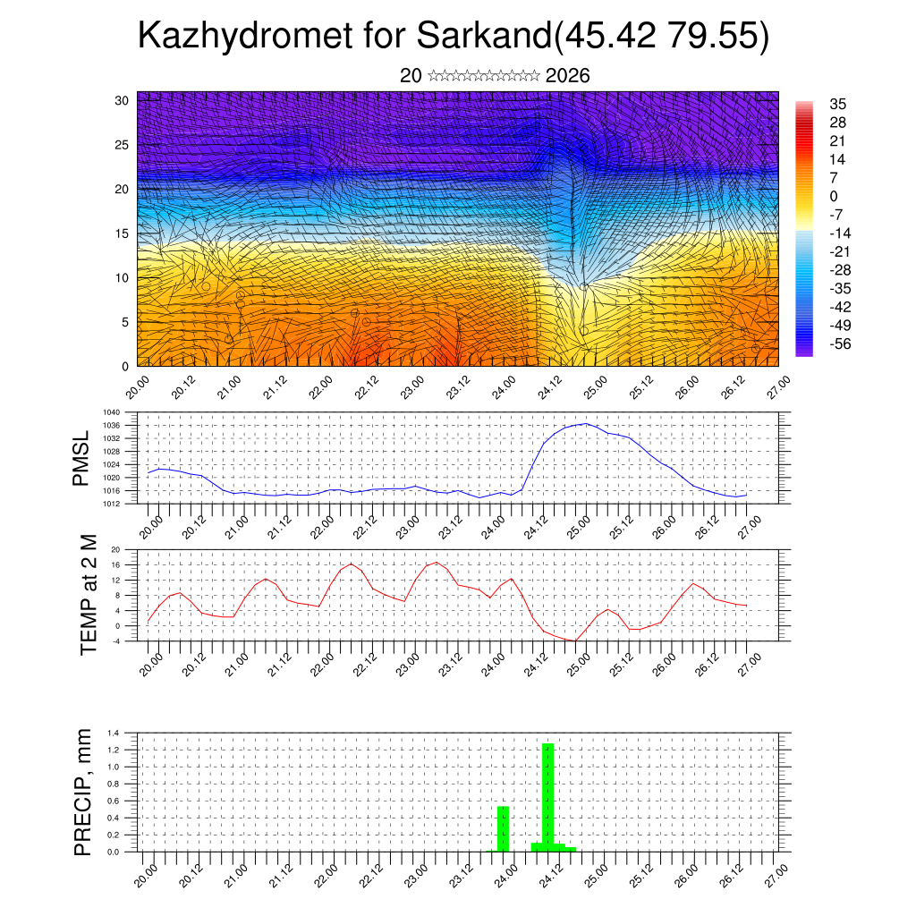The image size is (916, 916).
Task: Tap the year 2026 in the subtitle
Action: click(567, 76)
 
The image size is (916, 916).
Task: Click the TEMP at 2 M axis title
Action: click(88, 595)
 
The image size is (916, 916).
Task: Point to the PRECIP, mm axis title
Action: click(82, 793)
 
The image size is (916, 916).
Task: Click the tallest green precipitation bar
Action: click(547, 796)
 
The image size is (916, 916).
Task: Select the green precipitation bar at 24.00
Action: click(503, 828)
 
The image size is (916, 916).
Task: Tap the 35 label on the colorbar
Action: click(838, 104)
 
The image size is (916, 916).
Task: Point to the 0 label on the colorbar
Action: click(834, 196)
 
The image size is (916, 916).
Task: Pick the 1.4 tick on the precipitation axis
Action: click(113, 733)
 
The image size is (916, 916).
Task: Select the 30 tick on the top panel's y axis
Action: click(123, 100)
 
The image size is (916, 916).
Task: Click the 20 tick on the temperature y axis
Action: click(115, 549)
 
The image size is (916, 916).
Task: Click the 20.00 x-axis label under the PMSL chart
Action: click(151, 522)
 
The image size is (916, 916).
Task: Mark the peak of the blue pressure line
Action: click(586, 424)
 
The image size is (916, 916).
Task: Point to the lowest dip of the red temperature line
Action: click(575, 640)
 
